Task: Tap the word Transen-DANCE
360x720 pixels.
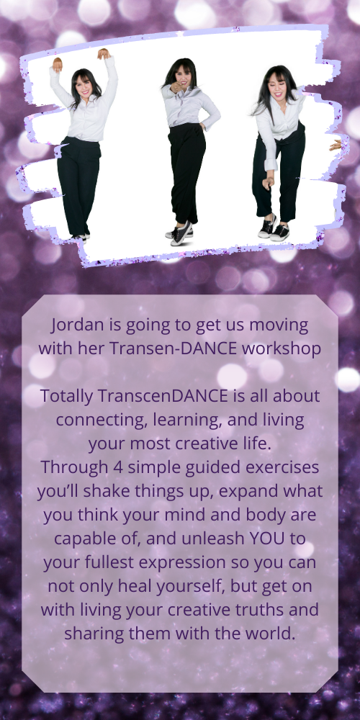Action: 174,348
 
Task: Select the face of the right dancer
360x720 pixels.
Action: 278,84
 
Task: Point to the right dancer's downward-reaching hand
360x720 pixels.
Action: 268,183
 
